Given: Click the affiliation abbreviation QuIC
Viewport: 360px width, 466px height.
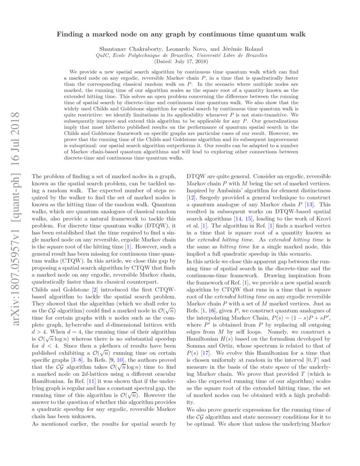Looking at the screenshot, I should click(x=104, y=55).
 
